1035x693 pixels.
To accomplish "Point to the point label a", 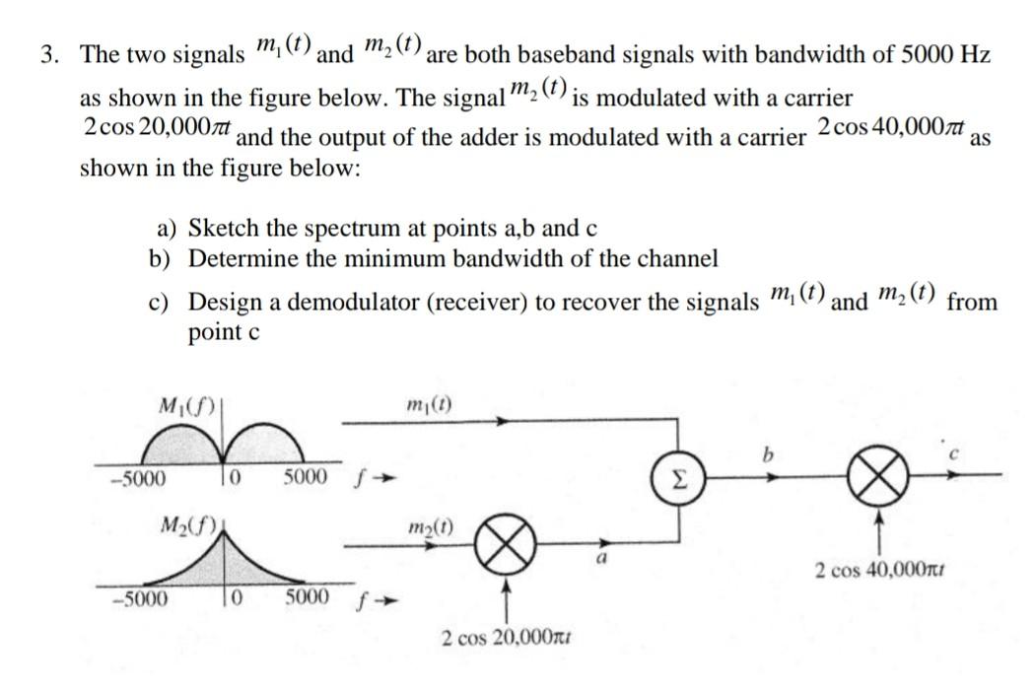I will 597,560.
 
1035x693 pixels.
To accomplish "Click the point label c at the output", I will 951,454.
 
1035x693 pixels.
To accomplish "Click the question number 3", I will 47,54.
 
